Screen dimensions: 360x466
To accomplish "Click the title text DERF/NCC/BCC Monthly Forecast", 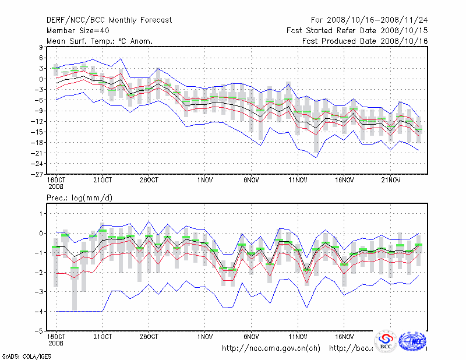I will click(109, 20).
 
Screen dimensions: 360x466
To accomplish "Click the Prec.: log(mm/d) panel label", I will click(79, 198).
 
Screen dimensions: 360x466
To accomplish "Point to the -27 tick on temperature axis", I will click(36, 174).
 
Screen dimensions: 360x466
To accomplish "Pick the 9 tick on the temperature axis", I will click(40, 47).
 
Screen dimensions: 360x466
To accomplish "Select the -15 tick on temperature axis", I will click(36, 132).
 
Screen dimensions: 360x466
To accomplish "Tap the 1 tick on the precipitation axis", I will click(40, 214).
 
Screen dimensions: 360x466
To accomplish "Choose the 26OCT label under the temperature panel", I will click(149, 179).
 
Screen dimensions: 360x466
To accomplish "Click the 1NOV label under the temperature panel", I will click(204, 179).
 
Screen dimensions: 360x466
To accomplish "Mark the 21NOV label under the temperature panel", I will click(391, 179).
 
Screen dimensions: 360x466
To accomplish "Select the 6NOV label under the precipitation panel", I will click(251, 337).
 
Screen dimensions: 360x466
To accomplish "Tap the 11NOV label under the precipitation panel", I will click(298, 337).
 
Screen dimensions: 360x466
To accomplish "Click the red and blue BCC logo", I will click(386, 342).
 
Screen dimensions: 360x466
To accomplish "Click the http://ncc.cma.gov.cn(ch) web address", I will click(271, 348).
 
